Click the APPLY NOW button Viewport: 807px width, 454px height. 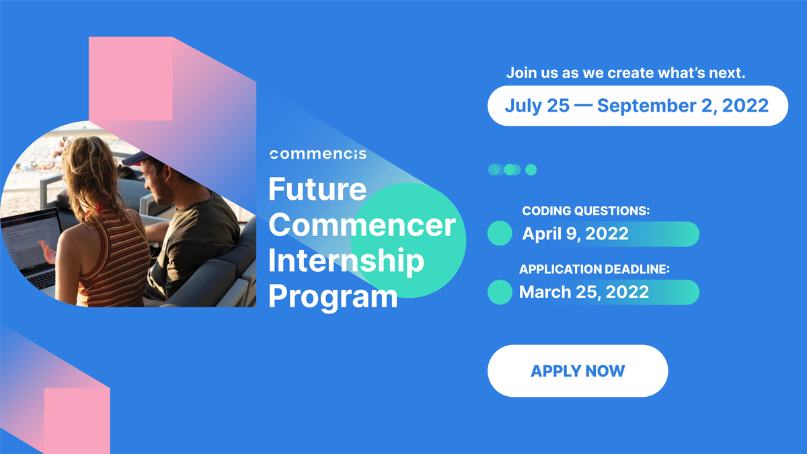tap(577, 371)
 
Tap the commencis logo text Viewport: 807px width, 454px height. tap(317, 154)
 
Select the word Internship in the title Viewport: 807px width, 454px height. tap(346, 261)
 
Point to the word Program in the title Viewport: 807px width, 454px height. tap(333, 297)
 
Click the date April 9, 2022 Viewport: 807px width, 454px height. tap(576, 234)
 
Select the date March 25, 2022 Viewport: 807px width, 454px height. tap(584, 292)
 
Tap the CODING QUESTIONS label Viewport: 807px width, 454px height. tap(586, 211)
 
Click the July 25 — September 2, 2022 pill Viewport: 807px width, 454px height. tap(636, 106)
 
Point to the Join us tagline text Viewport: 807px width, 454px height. tap(625, 73)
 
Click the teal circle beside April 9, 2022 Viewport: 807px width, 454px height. tap(500, 233)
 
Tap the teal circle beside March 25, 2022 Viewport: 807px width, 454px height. tap(500, 292)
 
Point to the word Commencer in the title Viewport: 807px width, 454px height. tap(362, 225)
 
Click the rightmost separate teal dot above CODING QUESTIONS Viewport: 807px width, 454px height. tap(531, 169)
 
